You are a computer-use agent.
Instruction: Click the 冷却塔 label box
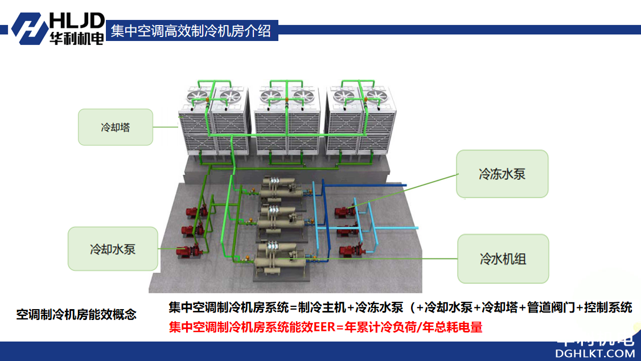[x=116, y=127]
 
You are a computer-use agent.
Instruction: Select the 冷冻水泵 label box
[x=502, y=174]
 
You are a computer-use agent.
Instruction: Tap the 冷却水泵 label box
[x=113, y=249]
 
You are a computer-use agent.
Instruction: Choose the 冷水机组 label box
[x=503, y=259]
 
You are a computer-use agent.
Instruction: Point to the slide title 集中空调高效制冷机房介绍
[x=191, y=30]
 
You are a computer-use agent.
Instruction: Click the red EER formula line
[x=326, y=327]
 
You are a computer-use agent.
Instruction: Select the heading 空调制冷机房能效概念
[x=76, y=314]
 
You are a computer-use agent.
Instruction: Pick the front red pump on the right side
[x=349, y=251]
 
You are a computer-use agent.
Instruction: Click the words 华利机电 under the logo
[x=76, y=38]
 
